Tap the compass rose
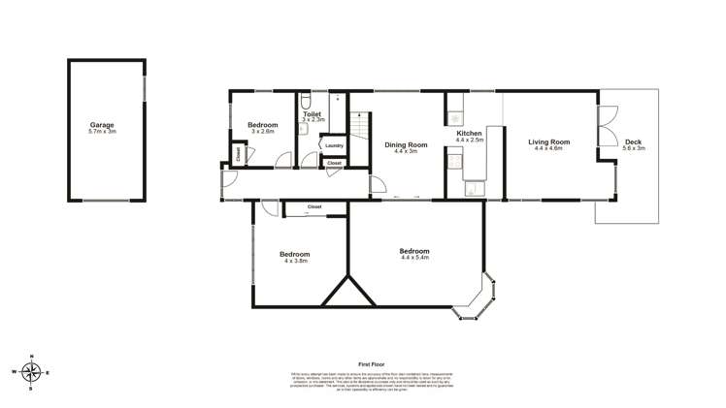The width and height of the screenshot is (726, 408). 33,371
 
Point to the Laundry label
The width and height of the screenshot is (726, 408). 334,145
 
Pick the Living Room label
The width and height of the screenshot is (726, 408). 548,142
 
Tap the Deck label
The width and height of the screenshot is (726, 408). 633,142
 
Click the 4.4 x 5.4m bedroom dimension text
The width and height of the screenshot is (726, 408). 414,258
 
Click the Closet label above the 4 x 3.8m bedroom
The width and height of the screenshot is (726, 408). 313,206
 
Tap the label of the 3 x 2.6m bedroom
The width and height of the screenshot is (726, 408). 262,125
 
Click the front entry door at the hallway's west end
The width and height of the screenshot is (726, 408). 225,179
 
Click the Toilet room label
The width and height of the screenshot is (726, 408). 312,113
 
